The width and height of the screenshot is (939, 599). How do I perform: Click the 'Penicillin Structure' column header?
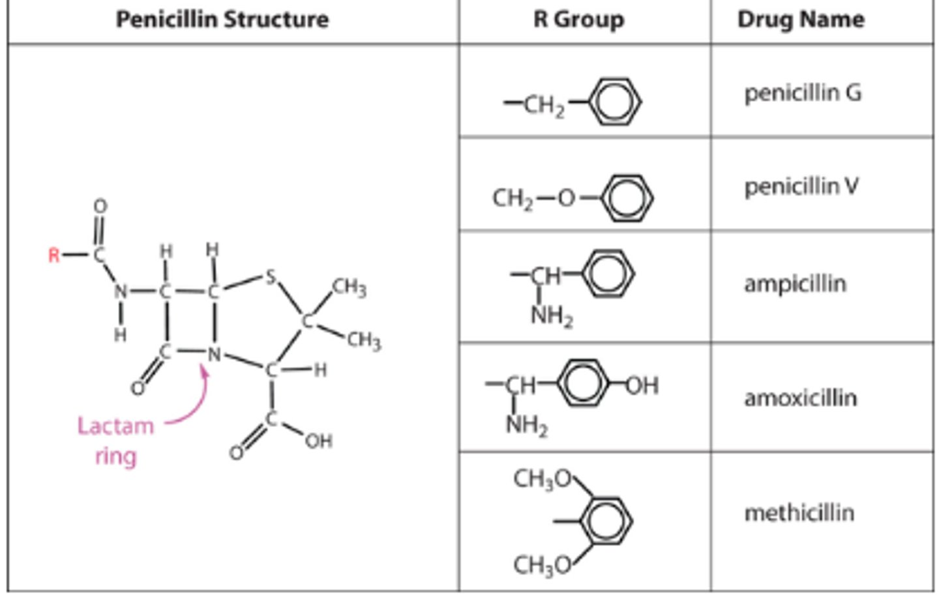click(222, 20)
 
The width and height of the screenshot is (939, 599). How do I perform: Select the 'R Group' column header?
click(578, 20)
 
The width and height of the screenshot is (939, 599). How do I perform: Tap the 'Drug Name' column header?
click(801, 20)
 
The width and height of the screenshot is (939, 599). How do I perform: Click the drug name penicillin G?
click(803, 93)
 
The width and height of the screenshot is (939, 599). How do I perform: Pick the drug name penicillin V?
click(801, 187)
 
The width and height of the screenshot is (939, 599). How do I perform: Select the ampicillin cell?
click(795, 284)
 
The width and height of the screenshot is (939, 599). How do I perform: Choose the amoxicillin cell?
click(800, 398)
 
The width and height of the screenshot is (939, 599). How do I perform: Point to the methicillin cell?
click(799, 513)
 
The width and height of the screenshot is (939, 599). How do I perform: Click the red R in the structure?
click(53, 255)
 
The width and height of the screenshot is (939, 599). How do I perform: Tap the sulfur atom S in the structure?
click(270, 277)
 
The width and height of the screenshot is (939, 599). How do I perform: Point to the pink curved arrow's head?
click(204, 371)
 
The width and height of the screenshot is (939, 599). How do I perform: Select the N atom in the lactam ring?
click(215, 355)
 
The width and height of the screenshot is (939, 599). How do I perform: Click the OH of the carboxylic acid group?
click(318, 441)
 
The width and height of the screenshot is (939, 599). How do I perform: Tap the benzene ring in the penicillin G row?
click(614, 102)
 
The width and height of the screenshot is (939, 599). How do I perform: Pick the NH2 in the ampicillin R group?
click(551, 316)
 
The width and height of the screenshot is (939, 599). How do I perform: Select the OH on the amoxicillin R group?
click(642, 386)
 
